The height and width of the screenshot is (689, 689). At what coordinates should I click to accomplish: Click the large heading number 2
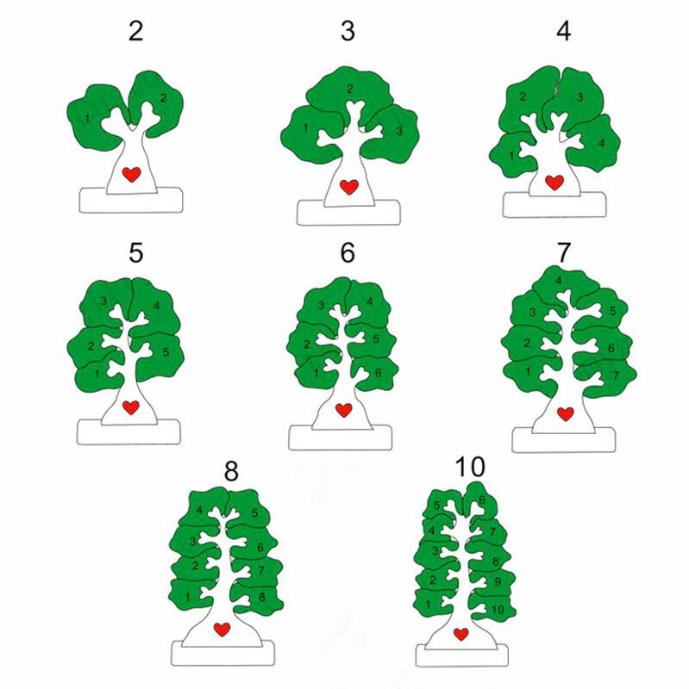point(136,31)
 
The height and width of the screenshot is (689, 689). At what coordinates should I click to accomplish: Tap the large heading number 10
point(470,467)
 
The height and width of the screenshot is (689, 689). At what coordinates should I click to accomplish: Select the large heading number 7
point(564,252)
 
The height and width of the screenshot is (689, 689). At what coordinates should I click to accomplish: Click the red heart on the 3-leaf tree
point(349,187)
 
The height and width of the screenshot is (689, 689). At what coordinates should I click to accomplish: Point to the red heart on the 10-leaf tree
point(461,634)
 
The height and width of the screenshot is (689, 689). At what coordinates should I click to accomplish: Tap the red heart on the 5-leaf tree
point(131,407)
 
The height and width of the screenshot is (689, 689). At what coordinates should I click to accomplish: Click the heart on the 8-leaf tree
point(222,630)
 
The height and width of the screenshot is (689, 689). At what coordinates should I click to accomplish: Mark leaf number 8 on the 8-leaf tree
point(257,599)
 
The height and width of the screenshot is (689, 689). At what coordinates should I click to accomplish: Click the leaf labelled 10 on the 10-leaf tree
point(492,609)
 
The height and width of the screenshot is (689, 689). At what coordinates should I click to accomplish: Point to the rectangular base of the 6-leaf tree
point(340,438)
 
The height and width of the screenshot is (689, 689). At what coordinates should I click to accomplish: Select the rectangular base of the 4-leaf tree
point(554,205)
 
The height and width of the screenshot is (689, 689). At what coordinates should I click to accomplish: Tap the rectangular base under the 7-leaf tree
point(564,440)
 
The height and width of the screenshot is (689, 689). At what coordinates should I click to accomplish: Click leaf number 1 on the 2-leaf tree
point(92,119)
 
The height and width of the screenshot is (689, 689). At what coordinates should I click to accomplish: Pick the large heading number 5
point(136,252)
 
